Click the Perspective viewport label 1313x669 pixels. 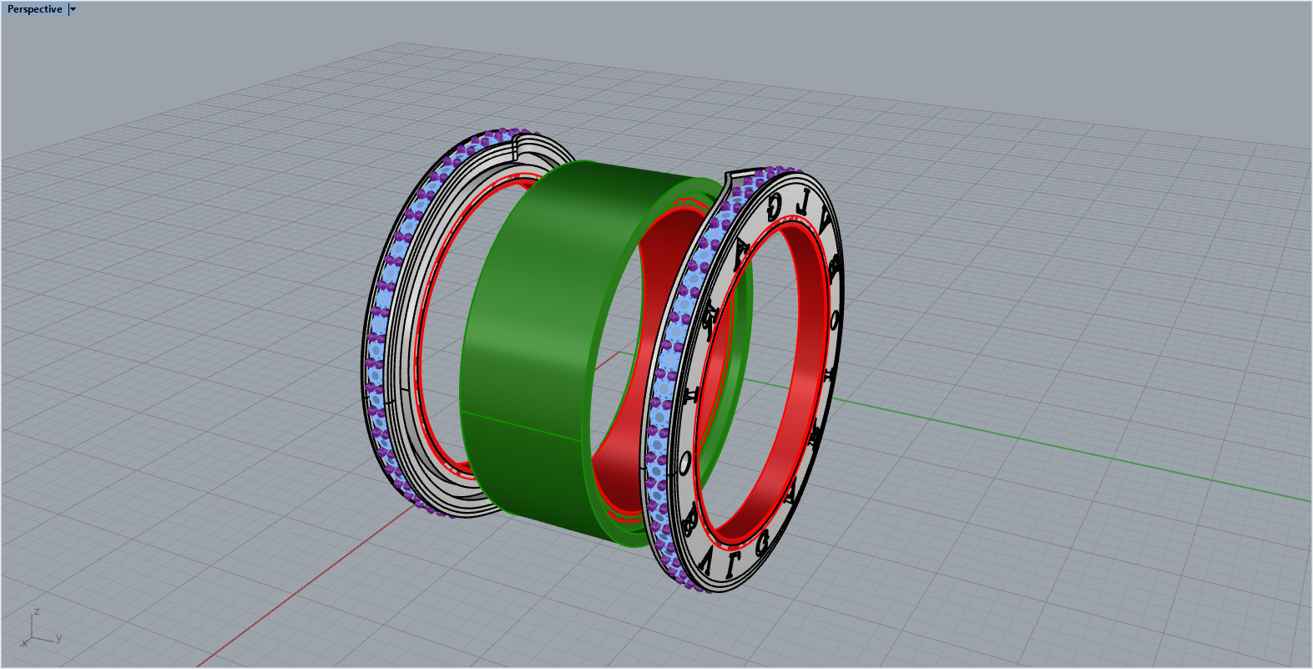point(34,9)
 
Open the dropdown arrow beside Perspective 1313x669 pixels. point(73,9)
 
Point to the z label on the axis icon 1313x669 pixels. point(37,612)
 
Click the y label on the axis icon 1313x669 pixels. point(59,639)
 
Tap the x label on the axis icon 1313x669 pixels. point(24,644)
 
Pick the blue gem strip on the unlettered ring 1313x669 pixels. point(384,292)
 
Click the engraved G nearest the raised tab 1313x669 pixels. point(774,205)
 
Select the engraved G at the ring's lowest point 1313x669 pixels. point(761,544)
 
